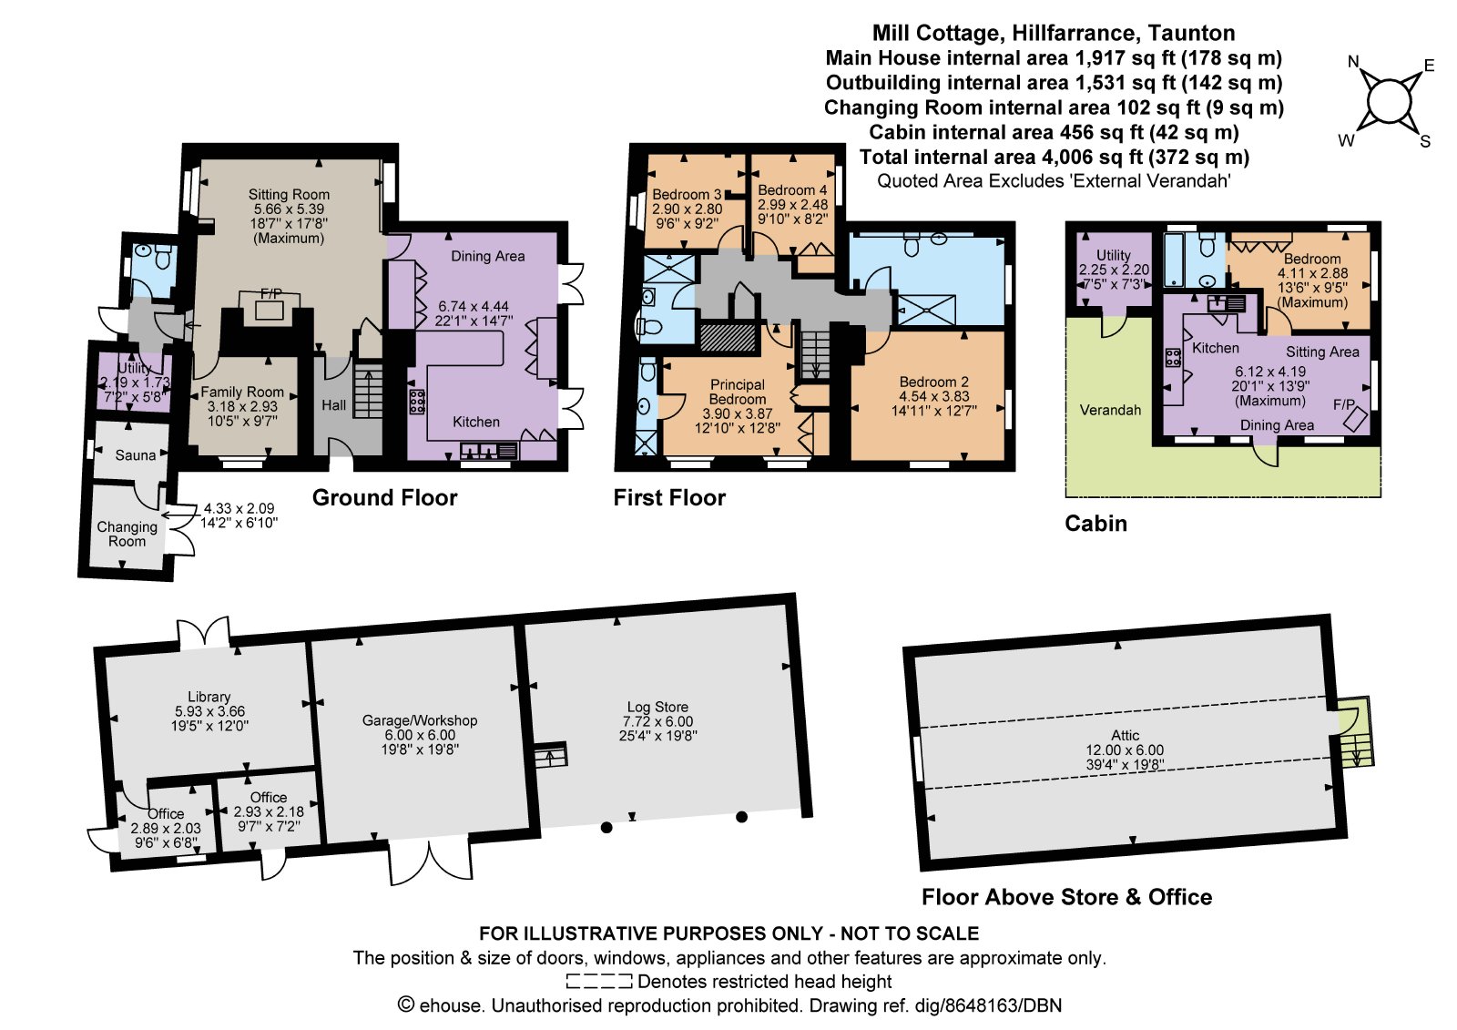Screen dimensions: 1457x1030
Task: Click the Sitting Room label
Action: [289, 195]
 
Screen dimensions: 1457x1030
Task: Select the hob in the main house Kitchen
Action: [417, 402]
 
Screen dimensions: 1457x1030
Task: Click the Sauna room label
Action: [136, 455]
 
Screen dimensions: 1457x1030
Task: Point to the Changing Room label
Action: [127, 535]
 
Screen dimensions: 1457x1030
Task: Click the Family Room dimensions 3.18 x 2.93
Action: [242, 407]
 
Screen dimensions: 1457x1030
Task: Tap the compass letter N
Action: [1353, 62]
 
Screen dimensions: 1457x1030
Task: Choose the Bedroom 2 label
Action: [933, 382]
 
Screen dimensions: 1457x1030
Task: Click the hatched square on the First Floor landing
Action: [728, 337]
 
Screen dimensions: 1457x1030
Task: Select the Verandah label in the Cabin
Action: [1110, 410]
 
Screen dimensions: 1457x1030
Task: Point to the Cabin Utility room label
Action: [1114, 255]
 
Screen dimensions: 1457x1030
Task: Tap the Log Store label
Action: [657, 707]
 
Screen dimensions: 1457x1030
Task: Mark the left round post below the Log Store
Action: [606, 828]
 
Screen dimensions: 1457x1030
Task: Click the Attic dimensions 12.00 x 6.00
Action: [1126, 750]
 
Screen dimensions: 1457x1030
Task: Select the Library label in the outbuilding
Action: [209, 697]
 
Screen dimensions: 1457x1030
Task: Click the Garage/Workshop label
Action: [420, 720]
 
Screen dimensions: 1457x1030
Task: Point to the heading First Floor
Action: [669, 498]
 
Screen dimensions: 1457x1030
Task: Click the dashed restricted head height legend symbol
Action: [599, 981]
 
